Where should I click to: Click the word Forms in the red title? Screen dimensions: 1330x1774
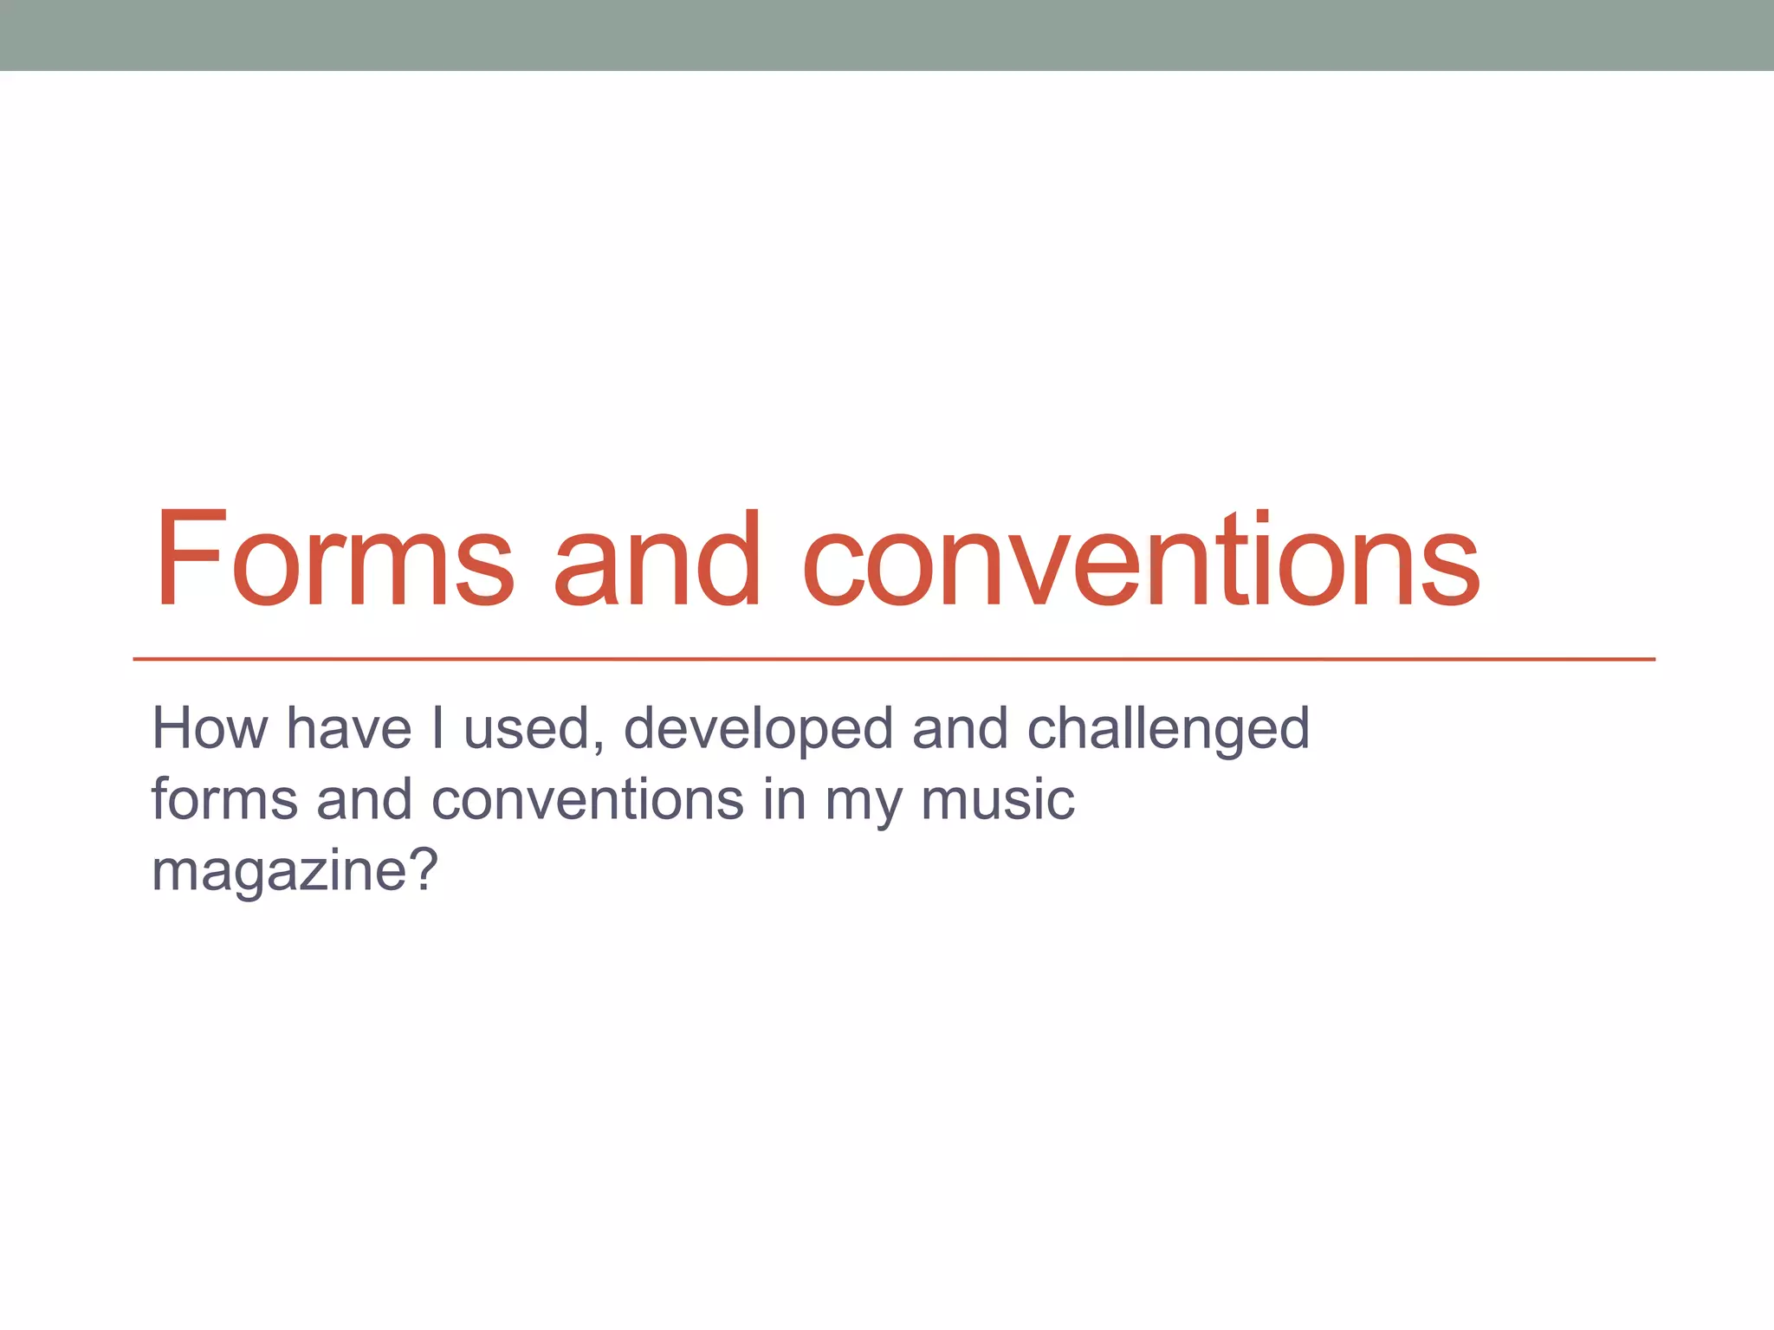[x=334, y=559]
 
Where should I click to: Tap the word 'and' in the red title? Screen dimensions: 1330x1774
[x=657, y=559]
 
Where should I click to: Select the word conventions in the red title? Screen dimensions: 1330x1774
[x=1141, y=559]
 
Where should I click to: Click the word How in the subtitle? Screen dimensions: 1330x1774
[x=210, y=728]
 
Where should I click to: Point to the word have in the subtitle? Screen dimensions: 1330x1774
[x=348, y=728]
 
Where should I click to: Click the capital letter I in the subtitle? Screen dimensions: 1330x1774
[x=437, y=728]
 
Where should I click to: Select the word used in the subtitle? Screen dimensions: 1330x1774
[x=525, y=730]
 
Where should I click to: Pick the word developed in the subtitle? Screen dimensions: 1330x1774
[x=758, y=730]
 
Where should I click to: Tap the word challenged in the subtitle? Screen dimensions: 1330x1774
[x=1168, y=730]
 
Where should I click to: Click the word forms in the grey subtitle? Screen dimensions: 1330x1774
[x=224, y=799]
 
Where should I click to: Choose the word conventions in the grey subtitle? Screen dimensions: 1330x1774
[x=587, y=799]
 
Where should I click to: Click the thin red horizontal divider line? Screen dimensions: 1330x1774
[x=892, y=659]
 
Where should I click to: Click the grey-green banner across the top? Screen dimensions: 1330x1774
[x=887, y=35]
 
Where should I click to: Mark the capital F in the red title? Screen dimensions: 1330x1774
[x=185, y=559]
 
